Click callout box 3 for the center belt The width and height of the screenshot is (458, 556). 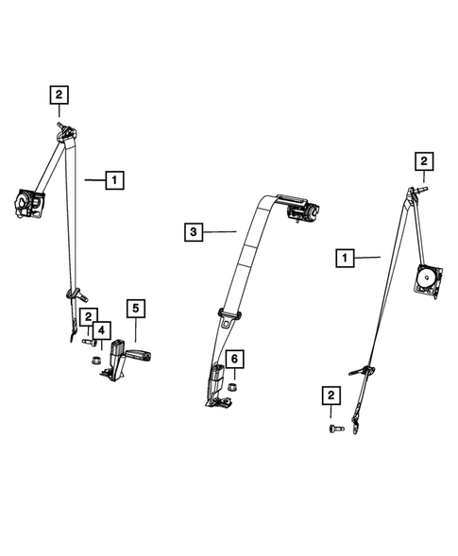tap(194, 232)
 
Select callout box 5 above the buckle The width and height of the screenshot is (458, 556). tap(136, 309)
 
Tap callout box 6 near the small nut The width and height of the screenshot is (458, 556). tap(234, 360)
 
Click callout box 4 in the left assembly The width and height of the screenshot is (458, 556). tap(102, 330)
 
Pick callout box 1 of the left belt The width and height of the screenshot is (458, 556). tap(114, 180)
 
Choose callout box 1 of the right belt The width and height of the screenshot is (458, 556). tap(345, 258)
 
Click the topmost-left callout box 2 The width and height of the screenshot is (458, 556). tap(59, 94)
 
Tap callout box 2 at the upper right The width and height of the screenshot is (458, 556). tap(424, 161)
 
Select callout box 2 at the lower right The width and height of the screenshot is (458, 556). tap(331, 396)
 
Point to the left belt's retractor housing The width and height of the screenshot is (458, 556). tap(29, 203)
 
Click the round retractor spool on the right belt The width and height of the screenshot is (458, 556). tap(426, 275)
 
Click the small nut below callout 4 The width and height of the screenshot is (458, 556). tap(95, 361)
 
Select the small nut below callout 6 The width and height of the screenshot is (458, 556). tap(231, 387)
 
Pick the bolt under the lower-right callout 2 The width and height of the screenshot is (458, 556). tap(336, 429)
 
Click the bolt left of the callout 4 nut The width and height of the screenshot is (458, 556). tap(90, 342)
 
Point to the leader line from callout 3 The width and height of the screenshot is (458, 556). tap(220, 232)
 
